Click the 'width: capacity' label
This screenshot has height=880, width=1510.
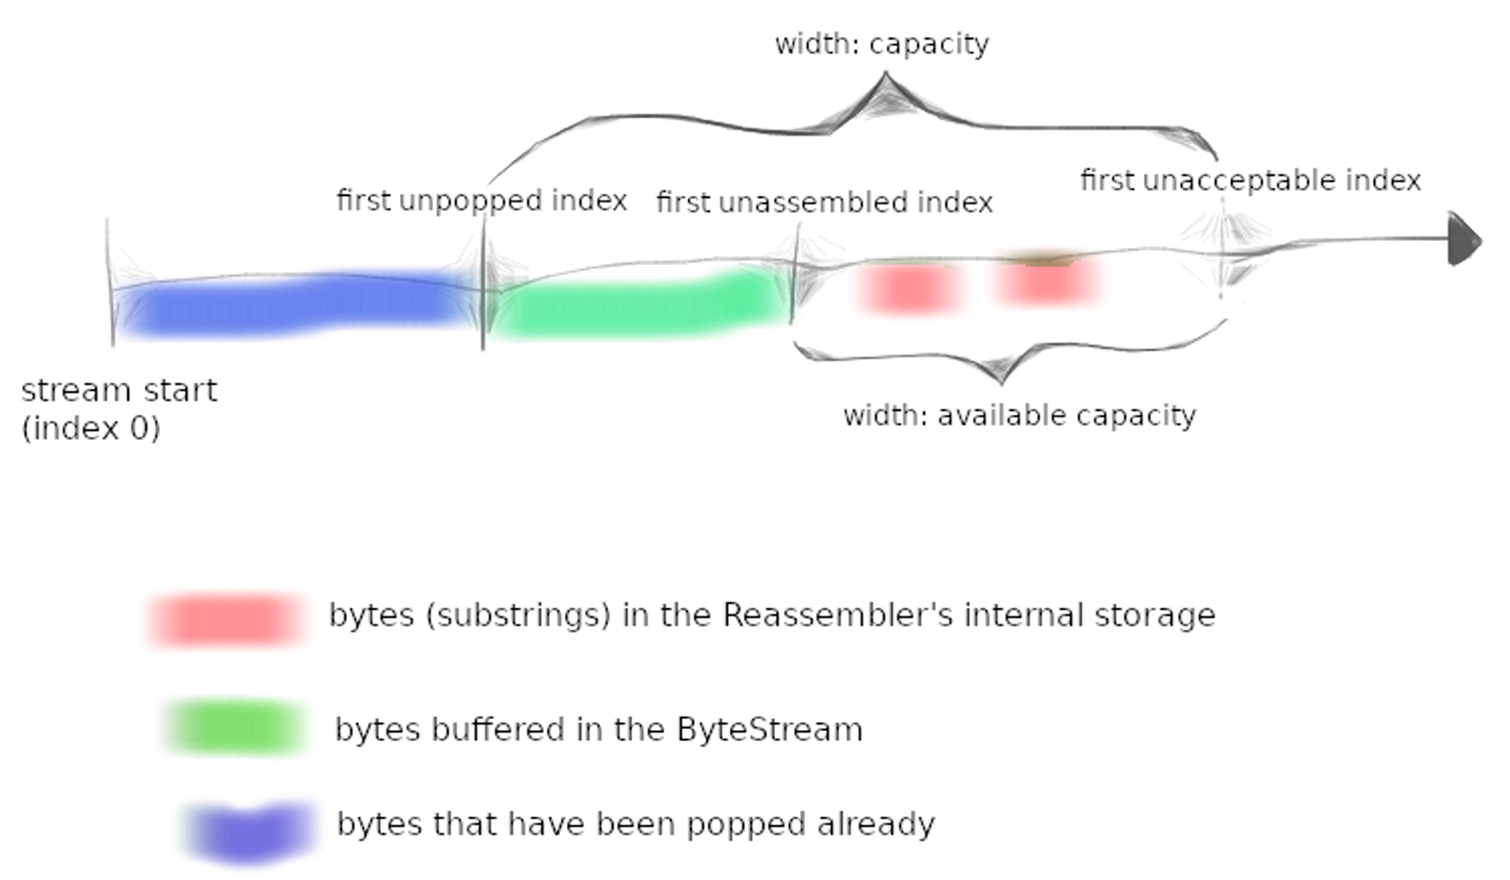pyautogui.click(x=882, y=44)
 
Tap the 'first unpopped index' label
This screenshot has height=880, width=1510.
pyautogui.click(x=481, y=200)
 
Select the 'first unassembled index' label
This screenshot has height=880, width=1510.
pyautogui.click(x=824, y=202)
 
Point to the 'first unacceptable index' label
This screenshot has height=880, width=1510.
pyautogui.click(x=1251, y=180)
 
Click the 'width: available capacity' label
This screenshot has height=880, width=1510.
pyautogui.click(x=1020, y=416)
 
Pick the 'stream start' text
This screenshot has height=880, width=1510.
pyautogui.click(x=119, y=391)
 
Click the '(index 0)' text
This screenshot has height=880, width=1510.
pyautogui.click(x=91, y=429)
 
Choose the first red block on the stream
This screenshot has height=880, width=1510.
pyautogui.click(x=909, y=287)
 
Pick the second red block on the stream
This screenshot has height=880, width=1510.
pyautogui.click(x=1047, y=281)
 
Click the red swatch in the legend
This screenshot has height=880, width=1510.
pyautogui.click(x=225, y=619)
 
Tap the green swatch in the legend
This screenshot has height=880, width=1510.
pyautogui.click(x=236, y=727)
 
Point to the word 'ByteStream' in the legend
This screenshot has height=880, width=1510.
pyautogui.click(x=769, y=730)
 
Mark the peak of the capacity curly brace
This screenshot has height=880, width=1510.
pyautogui.click(x=884, y=81)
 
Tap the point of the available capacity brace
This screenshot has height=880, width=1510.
pyautogui.click(x=1001, y=377)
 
